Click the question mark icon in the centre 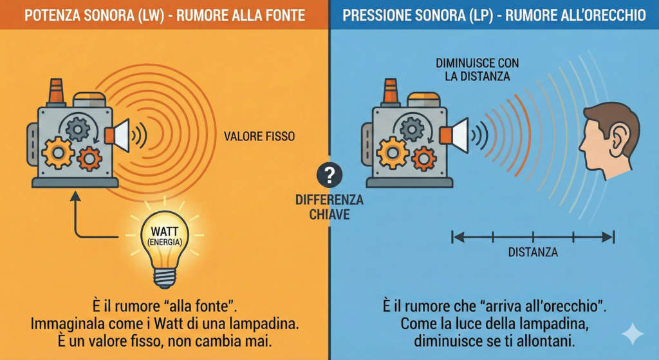tap(329, 175)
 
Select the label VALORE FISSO tap(260, 137)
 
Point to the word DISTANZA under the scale tap(533, 252)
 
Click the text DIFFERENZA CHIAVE tap(329, 207)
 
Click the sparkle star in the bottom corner tap(632, 334)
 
